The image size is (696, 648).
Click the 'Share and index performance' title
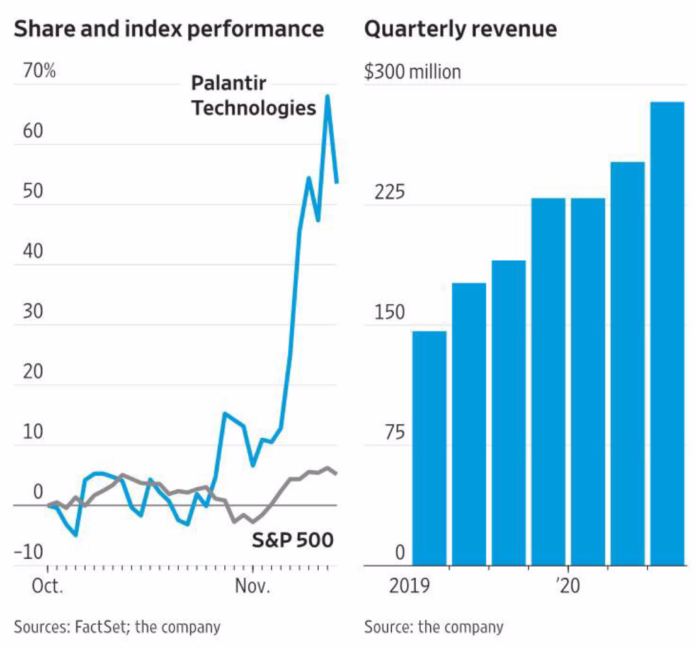168,29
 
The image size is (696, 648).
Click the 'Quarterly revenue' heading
460,29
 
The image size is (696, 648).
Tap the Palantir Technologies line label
254,96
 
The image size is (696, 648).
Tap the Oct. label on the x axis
48,587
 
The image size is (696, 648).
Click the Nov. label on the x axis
253,587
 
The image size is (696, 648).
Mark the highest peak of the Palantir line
328,96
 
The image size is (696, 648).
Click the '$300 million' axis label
413,72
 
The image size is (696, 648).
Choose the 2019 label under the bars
409,587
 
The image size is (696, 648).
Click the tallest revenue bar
667,334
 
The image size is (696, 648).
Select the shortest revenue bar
429,448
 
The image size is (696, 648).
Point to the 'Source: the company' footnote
433,627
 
